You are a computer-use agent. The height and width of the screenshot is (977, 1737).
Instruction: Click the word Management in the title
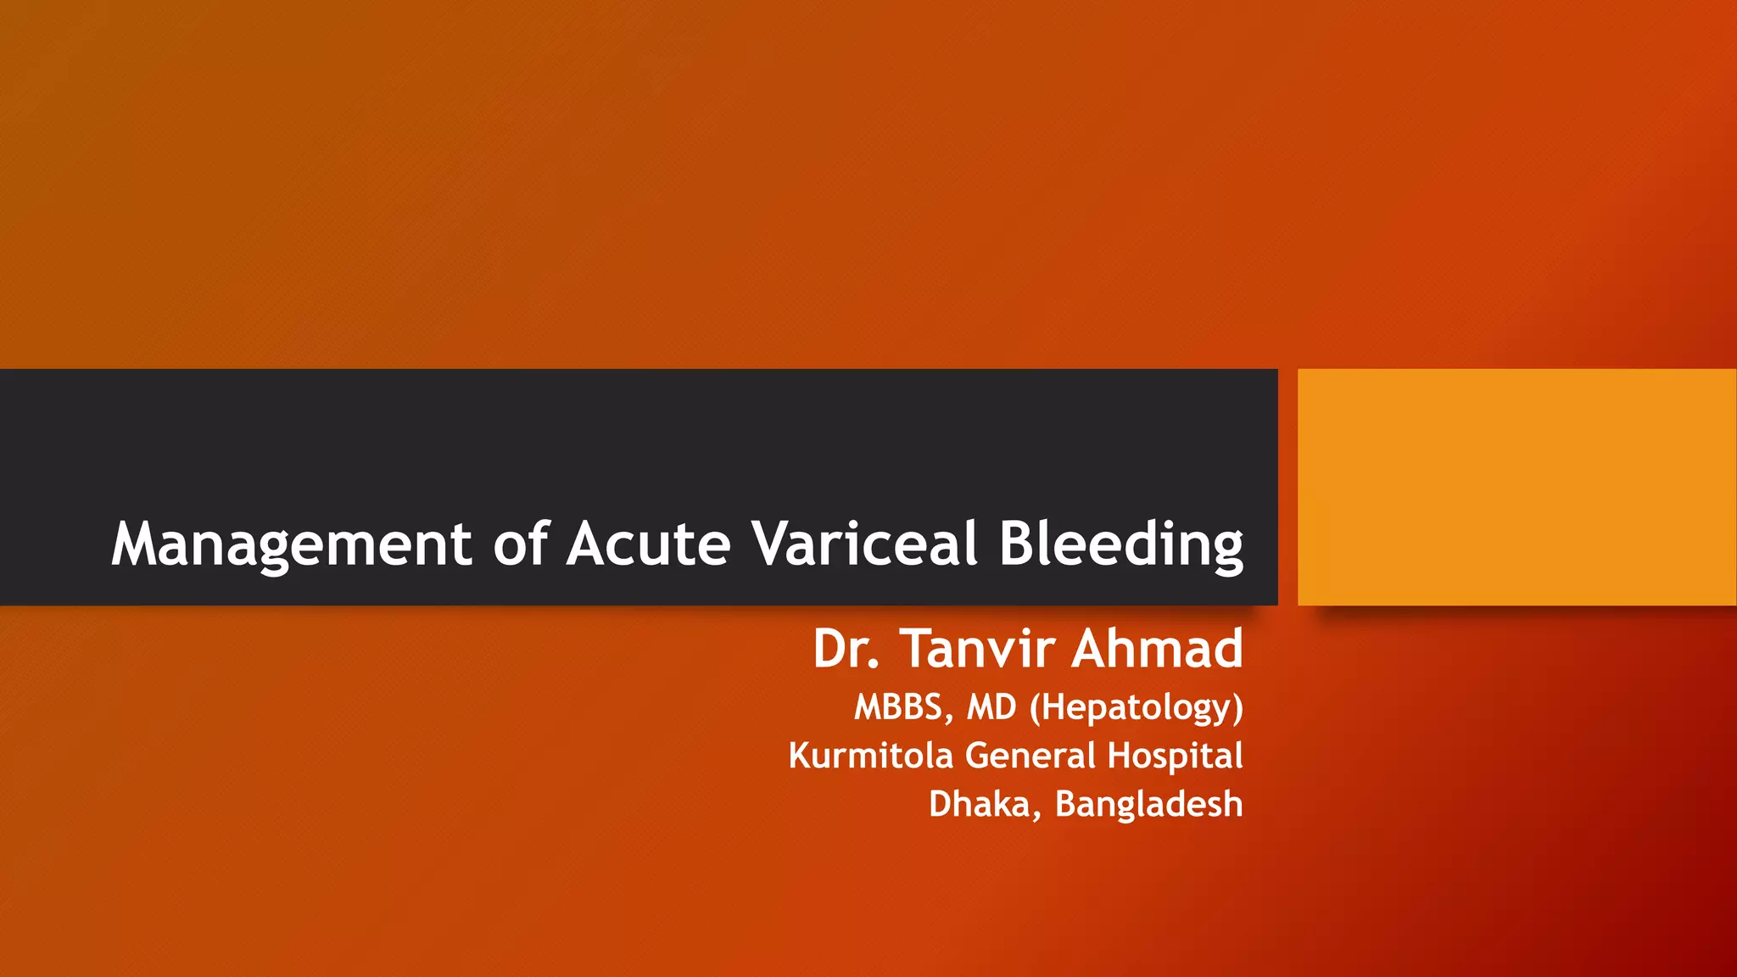tap(291, 544)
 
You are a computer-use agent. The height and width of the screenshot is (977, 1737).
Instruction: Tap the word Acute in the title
tap(649, 543)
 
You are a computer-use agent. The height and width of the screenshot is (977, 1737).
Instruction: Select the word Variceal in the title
tap(865, 543)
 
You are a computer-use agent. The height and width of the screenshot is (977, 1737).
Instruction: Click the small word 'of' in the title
tap(521, 543)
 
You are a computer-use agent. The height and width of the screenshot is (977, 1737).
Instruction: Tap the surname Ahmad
tap(1157, 650)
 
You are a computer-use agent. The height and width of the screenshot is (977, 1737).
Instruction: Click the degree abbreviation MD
tap(991, 707)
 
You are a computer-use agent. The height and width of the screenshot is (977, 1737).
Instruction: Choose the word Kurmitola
tap(870, 756)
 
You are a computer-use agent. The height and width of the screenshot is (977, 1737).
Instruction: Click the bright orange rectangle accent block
tap(1516, 487)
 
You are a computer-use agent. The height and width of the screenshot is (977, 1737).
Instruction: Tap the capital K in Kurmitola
tap(799, 756)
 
